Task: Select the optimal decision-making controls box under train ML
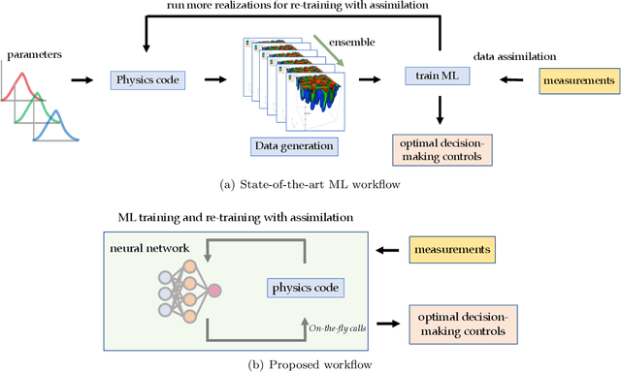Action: pyautogui.click(x=440, y=149)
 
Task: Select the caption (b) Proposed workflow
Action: pyautogui.click(x=310, y=363)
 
